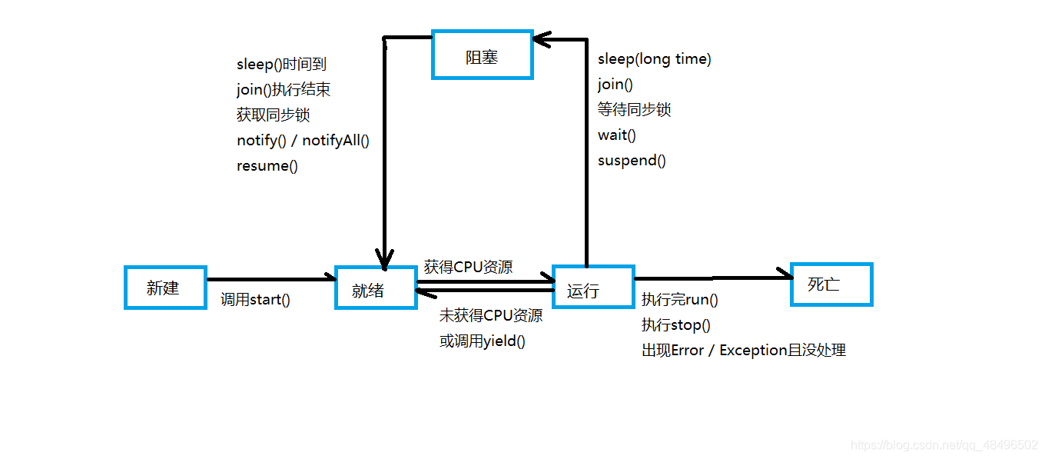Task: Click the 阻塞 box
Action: pos(482,55)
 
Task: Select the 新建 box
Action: pos(165,288)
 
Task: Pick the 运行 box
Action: pos(593,288)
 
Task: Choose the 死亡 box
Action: pos(831,284)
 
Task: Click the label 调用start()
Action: pos(255,300)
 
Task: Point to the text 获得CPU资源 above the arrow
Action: pos(468,268)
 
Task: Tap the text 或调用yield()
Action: pos(482,341)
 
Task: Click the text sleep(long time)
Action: pos(654,59)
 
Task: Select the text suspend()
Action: pos(632,161)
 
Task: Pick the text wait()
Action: pos(617,135)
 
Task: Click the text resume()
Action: pos(267,166)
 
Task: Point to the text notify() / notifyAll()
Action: pos(303,141)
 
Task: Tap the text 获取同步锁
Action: pos(273,115)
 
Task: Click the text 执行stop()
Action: pos(675,325)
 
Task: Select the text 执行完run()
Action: pos(679,300)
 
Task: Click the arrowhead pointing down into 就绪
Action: pos(384,257)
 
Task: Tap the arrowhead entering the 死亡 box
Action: pos(784,274)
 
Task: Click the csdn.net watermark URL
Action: pos(944,446)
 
